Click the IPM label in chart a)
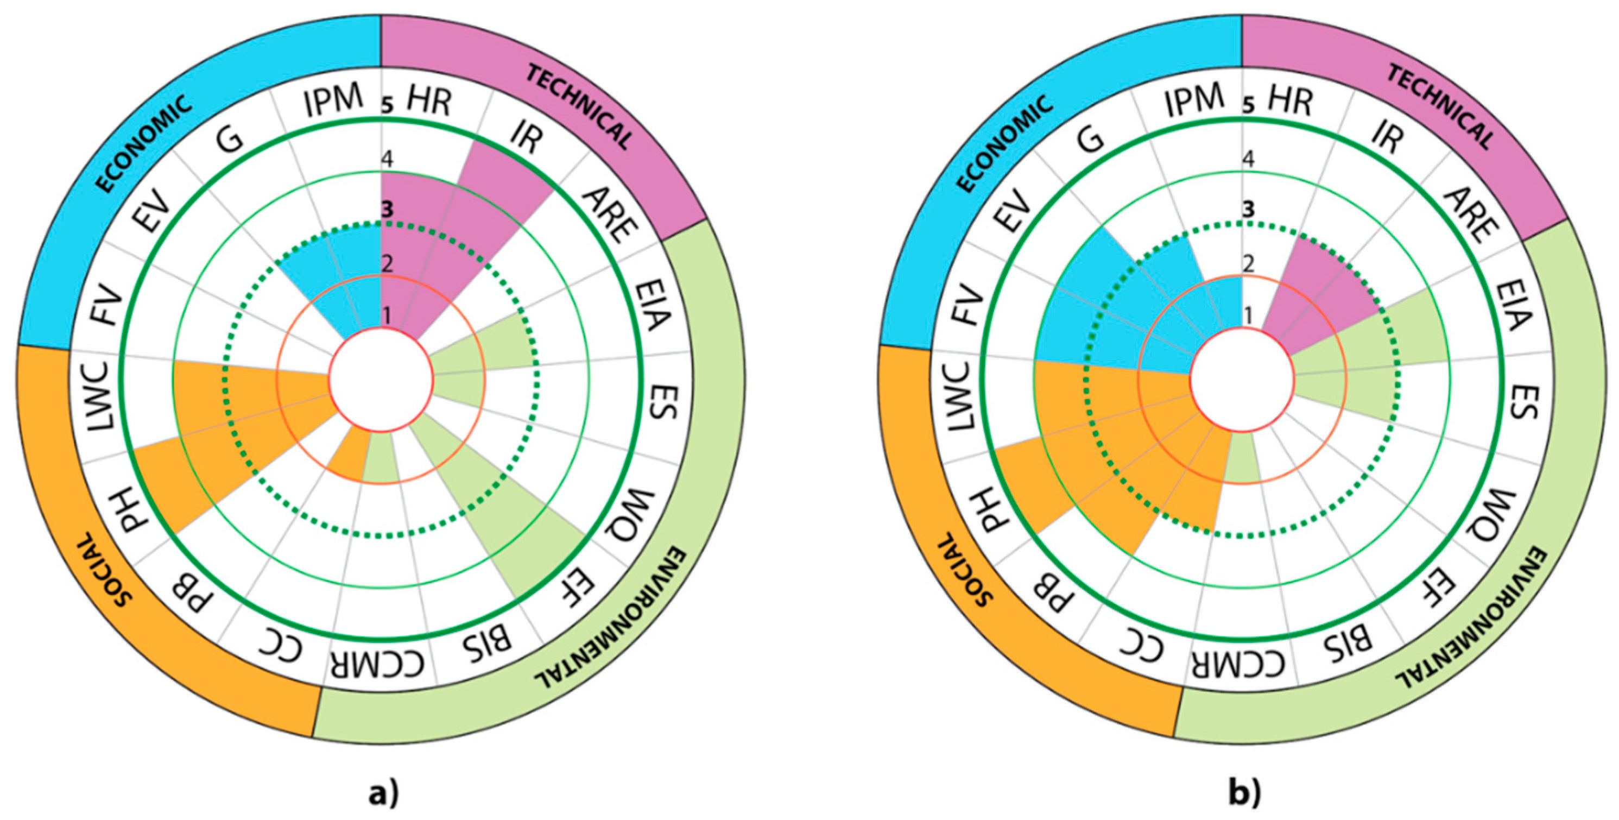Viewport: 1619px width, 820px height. click(334, 100)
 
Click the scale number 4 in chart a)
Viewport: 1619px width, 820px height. click(387, 159)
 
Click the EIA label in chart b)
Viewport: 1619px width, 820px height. click(1515, 308)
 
